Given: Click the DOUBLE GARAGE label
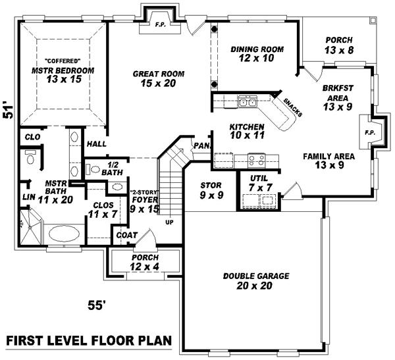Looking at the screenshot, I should (256, 280).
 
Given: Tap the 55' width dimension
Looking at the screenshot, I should (97, 305).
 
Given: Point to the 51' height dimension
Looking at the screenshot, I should (9, 109).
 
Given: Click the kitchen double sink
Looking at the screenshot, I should (248, 102).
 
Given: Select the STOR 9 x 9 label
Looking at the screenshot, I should (211, 190).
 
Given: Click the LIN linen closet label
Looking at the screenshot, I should (27, 197).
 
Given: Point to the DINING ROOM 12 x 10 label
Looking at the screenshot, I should (257, 54).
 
